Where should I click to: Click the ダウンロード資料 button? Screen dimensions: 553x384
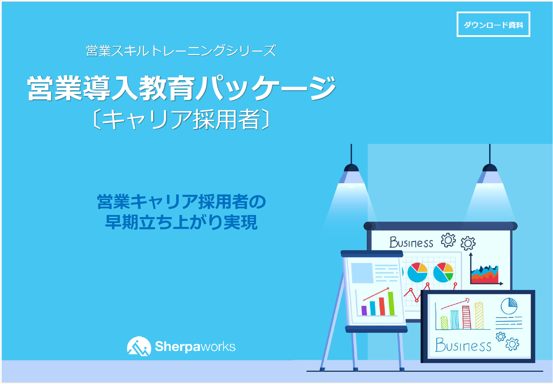(x=493, y=24)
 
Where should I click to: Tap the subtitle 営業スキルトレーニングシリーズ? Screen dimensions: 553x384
(x=181, y=51)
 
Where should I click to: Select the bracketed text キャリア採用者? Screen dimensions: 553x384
(x=181, y=120)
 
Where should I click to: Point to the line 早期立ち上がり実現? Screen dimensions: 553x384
(x=182, y=222)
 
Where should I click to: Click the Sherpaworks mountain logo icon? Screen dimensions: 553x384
(x=139, y=346)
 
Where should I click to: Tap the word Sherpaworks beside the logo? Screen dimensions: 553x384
(x=195, y=346)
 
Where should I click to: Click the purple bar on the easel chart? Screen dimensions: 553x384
(x=364, y=310)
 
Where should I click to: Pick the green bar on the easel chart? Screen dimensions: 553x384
(x=391, y=304)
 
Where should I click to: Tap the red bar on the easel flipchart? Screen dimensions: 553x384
(x=382, y=306)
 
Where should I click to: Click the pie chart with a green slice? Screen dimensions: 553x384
(x=443, y=272)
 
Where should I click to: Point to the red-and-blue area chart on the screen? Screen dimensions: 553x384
(x=485, y=274)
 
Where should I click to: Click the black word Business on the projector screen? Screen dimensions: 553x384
(x=411, y=242)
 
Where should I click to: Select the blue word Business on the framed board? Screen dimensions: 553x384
(x=463, y=345)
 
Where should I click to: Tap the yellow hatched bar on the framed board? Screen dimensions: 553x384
(x=479, y=316)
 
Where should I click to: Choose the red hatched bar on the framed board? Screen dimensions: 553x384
(x=466, y=317)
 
